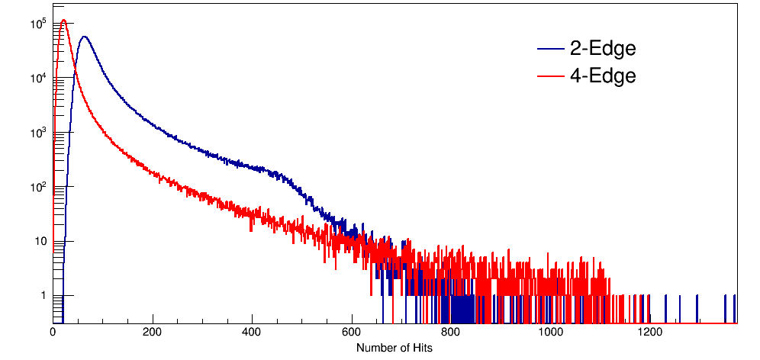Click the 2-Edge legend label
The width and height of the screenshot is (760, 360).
click(x=602, y=49)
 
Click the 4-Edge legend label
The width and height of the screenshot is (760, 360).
click(x=602, y=76)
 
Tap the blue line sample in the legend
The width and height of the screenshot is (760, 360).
click(x=549, y=50)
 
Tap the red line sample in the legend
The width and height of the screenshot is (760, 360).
click(x=549, y=76)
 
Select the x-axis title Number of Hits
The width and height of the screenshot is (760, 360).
click(x=394, y=348)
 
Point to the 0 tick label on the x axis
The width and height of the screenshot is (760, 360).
click(x=53, y=333)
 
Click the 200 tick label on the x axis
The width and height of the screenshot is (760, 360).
click(x=153, y=333)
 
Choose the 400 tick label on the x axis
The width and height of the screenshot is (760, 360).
click(x=252, y=333)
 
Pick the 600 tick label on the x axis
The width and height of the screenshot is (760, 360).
click(x=351, y=333)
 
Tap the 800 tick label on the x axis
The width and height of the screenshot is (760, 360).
click(x=451, y=333)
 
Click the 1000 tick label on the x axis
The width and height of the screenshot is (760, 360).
click(x=550, y=333)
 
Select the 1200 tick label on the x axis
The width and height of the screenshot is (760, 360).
click(x=649, y=333)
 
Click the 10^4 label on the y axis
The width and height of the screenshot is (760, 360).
click(x=37, y=79)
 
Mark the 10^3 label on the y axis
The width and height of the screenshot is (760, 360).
click(x=37, y=133)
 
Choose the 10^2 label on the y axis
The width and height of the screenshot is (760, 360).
click(x=37, y=187)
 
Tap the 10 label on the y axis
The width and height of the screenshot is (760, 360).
click(x=40, y=241)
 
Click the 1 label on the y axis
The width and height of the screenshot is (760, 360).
click(x=43, y=295)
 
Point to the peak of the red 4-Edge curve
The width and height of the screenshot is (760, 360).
click(x=64, y=21)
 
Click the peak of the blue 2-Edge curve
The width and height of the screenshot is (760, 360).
click(x=84, y=37)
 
